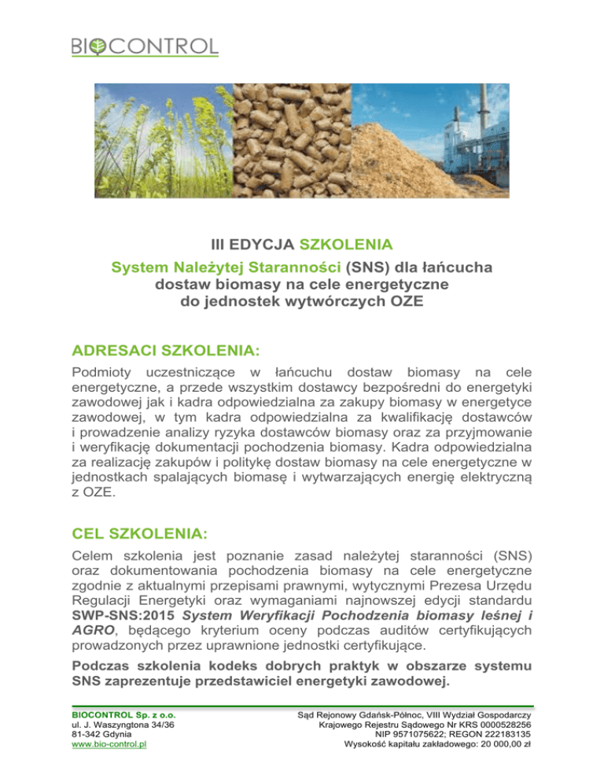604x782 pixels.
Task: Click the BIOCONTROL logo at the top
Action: (x=145, y=46)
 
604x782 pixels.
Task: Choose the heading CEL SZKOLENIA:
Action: (x=139, y=536)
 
